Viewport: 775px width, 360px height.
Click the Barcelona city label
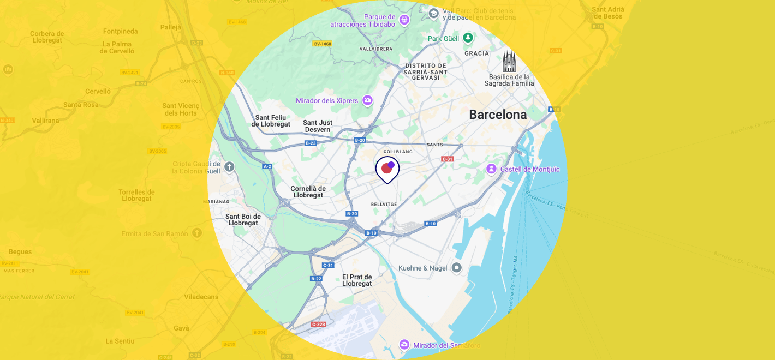pyautogui.click(x=498, y=115)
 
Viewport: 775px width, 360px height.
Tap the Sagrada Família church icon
pyautogui.click(x=509, y=61)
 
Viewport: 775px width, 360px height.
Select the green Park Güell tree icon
pyautogui.click(x=468, y=38)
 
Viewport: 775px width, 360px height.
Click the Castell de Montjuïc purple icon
pyautogui.click(x=492, y=169)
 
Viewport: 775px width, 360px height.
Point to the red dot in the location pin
pyautogui.click(x=386, y=168)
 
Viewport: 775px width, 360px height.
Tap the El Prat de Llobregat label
pyautogui.click(x=357, y=280)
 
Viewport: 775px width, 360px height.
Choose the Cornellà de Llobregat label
pyautogui.click(x=308, y=191)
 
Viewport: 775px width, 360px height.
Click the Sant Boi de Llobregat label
pyautogui.click(x=243, y=219)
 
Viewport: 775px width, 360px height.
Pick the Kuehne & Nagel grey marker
pyautogui.click(x=456, y=267)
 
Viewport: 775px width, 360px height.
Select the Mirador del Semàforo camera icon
pyautogui.click(x=404, y=345)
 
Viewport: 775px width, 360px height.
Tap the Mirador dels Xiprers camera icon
pyautogui.click(x=367, y=100)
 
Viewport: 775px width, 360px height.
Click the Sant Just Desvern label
pyautogui.click(x=318, y=126)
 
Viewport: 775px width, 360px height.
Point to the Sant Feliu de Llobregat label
pyautogui.click(x=271, y=121)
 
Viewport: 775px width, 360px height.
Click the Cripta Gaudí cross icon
pyautogui.click(x=229, y=166)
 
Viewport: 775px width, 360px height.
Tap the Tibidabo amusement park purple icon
pyautogui.click(x=404, y=20)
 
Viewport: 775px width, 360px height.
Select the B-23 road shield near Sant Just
pyautogui.click(x=311, y=143)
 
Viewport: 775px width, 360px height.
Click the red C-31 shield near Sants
pyautogui.click(x=447, y=159)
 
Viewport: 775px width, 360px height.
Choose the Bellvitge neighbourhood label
pyautogui.click(x=384, y=204)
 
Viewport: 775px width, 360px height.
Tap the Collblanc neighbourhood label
pyautogui.click(x=398, y=151)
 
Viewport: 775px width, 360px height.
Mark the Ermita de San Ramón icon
pyautogui.click(x=196, y=233)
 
